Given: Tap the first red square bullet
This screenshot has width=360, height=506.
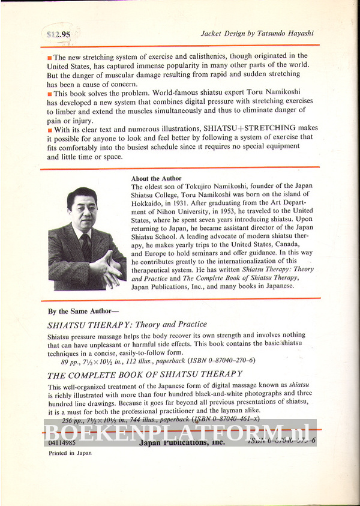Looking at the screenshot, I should click(49, 56).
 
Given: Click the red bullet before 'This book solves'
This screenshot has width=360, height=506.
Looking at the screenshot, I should click(49, 94).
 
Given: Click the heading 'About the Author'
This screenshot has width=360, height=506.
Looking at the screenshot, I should click(156, 178).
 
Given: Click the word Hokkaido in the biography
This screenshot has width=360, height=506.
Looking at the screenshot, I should click(148, 203).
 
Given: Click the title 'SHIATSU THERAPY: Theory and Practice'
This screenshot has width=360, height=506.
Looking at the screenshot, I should click(127, 325).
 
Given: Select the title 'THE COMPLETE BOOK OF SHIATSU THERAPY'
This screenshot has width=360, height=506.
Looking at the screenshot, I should click(144, 375).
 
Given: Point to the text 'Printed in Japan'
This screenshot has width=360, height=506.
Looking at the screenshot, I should click(70, 453).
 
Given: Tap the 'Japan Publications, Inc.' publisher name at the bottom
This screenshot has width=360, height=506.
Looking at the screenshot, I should click(181, 442).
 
